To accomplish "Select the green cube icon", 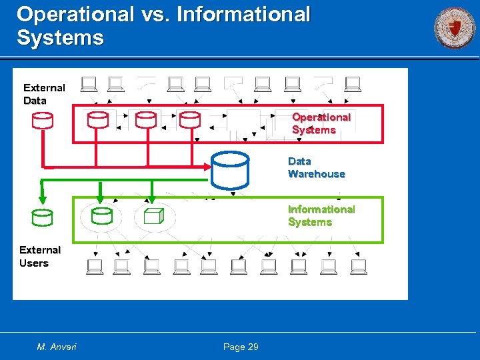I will coord(153,216).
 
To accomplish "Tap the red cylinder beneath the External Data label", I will coord(42,120).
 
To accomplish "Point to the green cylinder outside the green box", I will coord(42,217).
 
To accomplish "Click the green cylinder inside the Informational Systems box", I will coord(102,215).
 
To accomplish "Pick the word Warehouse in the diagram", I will coord(317,174).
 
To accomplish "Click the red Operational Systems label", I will coord(321,123).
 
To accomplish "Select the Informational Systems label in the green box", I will coord(321,215).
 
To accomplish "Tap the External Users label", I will coord(39,257).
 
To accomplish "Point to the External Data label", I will coord(44,94).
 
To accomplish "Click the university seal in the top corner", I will coord(455,28).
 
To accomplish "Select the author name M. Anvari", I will coord(57,347).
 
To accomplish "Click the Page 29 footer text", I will coord(241,347).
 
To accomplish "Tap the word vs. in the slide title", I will coord(155,14).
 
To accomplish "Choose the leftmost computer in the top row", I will coord(88,84).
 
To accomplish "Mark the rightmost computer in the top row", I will coord(353,84).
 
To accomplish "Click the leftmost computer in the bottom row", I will coord(95,267).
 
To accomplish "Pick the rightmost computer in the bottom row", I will coord(358,267).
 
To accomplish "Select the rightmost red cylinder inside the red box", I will coord(190,119).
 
